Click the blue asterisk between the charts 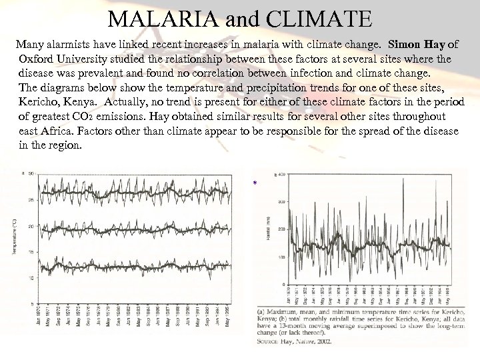tap(254, 184)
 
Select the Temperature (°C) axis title tap(13, 236)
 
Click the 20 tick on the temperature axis tap(30, 227)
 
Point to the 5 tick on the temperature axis tap(31, 303)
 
